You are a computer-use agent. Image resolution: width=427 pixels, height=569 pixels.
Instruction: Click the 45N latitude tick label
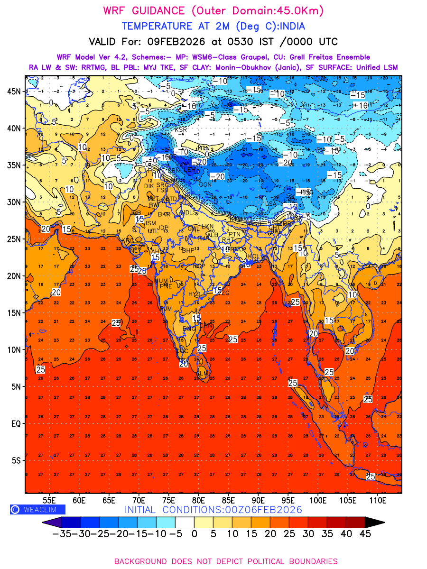coord(13,92)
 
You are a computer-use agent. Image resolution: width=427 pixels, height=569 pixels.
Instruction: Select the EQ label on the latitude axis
coord(15,423)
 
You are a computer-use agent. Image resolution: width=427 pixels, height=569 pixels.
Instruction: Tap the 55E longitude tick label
coord(50,500)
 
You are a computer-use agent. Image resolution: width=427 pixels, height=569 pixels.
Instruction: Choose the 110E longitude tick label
coord(378,500)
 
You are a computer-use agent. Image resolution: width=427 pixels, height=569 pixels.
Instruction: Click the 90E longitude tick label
coord(259,500)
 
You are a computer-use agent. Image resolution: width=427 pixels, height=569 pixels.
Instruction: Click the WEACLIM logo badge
coord(37,509)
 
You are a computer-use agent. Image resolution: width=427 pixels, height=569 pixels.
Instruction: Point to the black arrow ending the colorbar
coord(375,523)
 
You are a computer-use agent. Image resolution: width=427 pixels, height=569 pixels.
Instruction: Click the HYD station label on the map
coord(195,294)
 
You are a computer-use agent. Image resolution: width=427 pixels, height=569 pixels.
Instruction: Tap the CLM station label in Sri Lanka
coord(202,374)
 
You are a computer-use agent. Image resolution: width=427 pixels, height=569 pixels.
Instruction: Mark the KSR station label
coord(181,130)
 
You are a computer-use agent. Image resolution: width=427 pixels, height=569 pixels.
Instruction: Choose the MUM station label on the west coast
coord(161,281)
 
